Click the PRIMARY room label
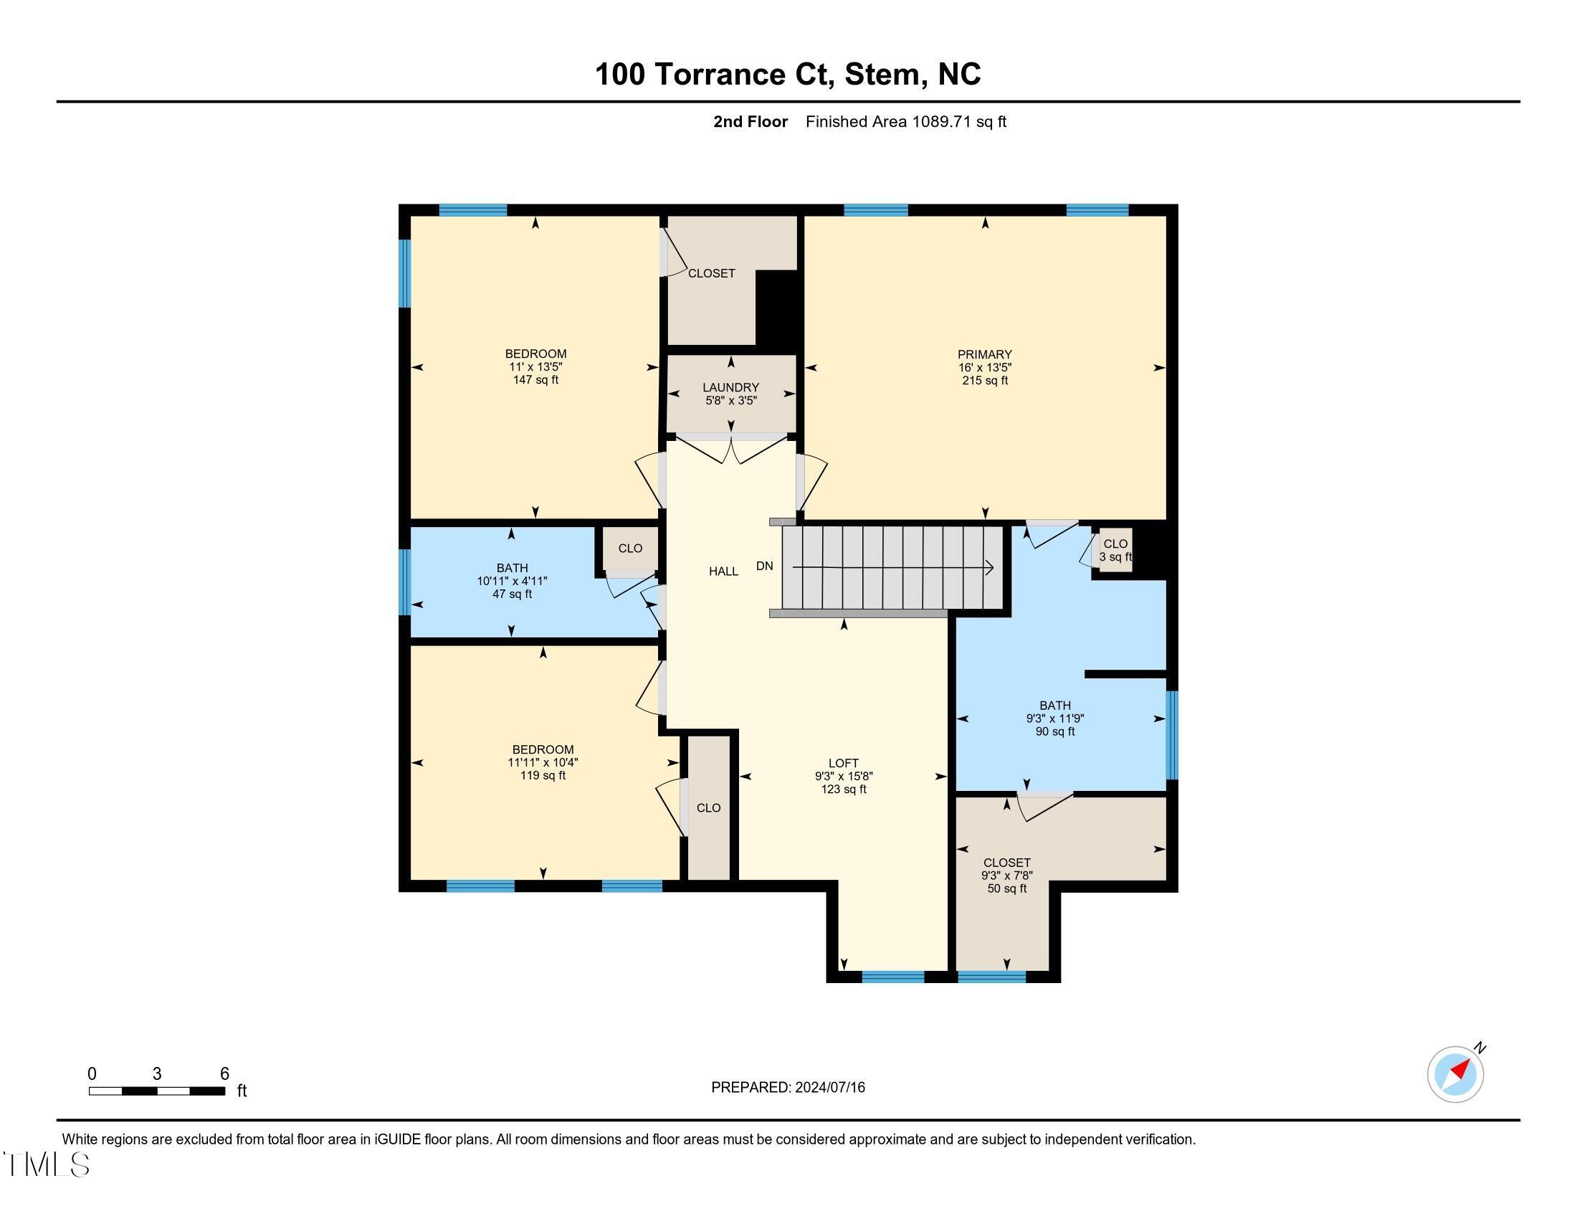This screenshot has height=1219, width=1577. pyautogui.click(x=984, y=354)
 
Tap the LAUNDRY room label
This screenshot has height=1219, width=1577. pyautogui.click(x=730, y=387)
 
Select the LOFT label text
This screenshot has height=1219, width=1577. pyautogui.click(x=843, y=763)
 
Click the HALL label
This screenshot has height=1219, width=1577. pyautogui.click(x=723, y=571)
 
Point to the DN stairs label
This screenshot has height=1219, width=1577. pyautogui.click(x=764, y=566)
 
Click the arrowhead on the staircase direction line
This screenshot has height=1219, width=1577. pyautogui.click(x=990, y=569)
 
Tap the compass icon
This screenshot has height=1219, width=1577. pyautogui.click(x=1455, y=1074)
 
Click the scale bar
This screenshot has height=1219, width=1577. pyautogui.click(x=157, y=1091)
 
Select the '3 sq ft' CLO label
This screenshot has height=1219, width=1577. pyautogui.click(x=1115, y=556)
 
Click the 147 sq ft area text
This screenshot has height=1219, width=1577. pyautogui.click(x=535, y=380)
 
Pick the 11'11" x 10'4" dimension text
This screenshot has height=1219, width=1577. pyautogui.click(x=543, y=762)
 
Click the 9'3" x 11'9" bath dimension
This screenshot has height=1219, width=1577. pyautogui.click(x=1055, y=718)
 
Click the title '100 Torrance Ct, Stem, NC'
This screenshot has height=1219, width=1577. pyautogui.click(x=788, y=75)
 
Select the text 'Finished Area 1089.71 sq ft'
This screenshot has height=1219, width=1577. pyautogui.click(x=905, y=121)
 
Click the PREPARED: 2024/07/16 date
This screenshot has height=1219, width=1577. pyautogui.click(x=788, y=1088)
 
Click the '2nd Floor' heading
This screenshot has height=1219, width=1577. pyautogui.click(x=750, y=121)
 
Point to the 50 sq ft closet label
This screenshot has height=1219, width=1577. pyautogui.click(x=1006, y=888)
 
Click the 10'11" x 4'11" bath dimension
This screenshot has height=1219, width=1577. pyautogui.click(x=512, y=581)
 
